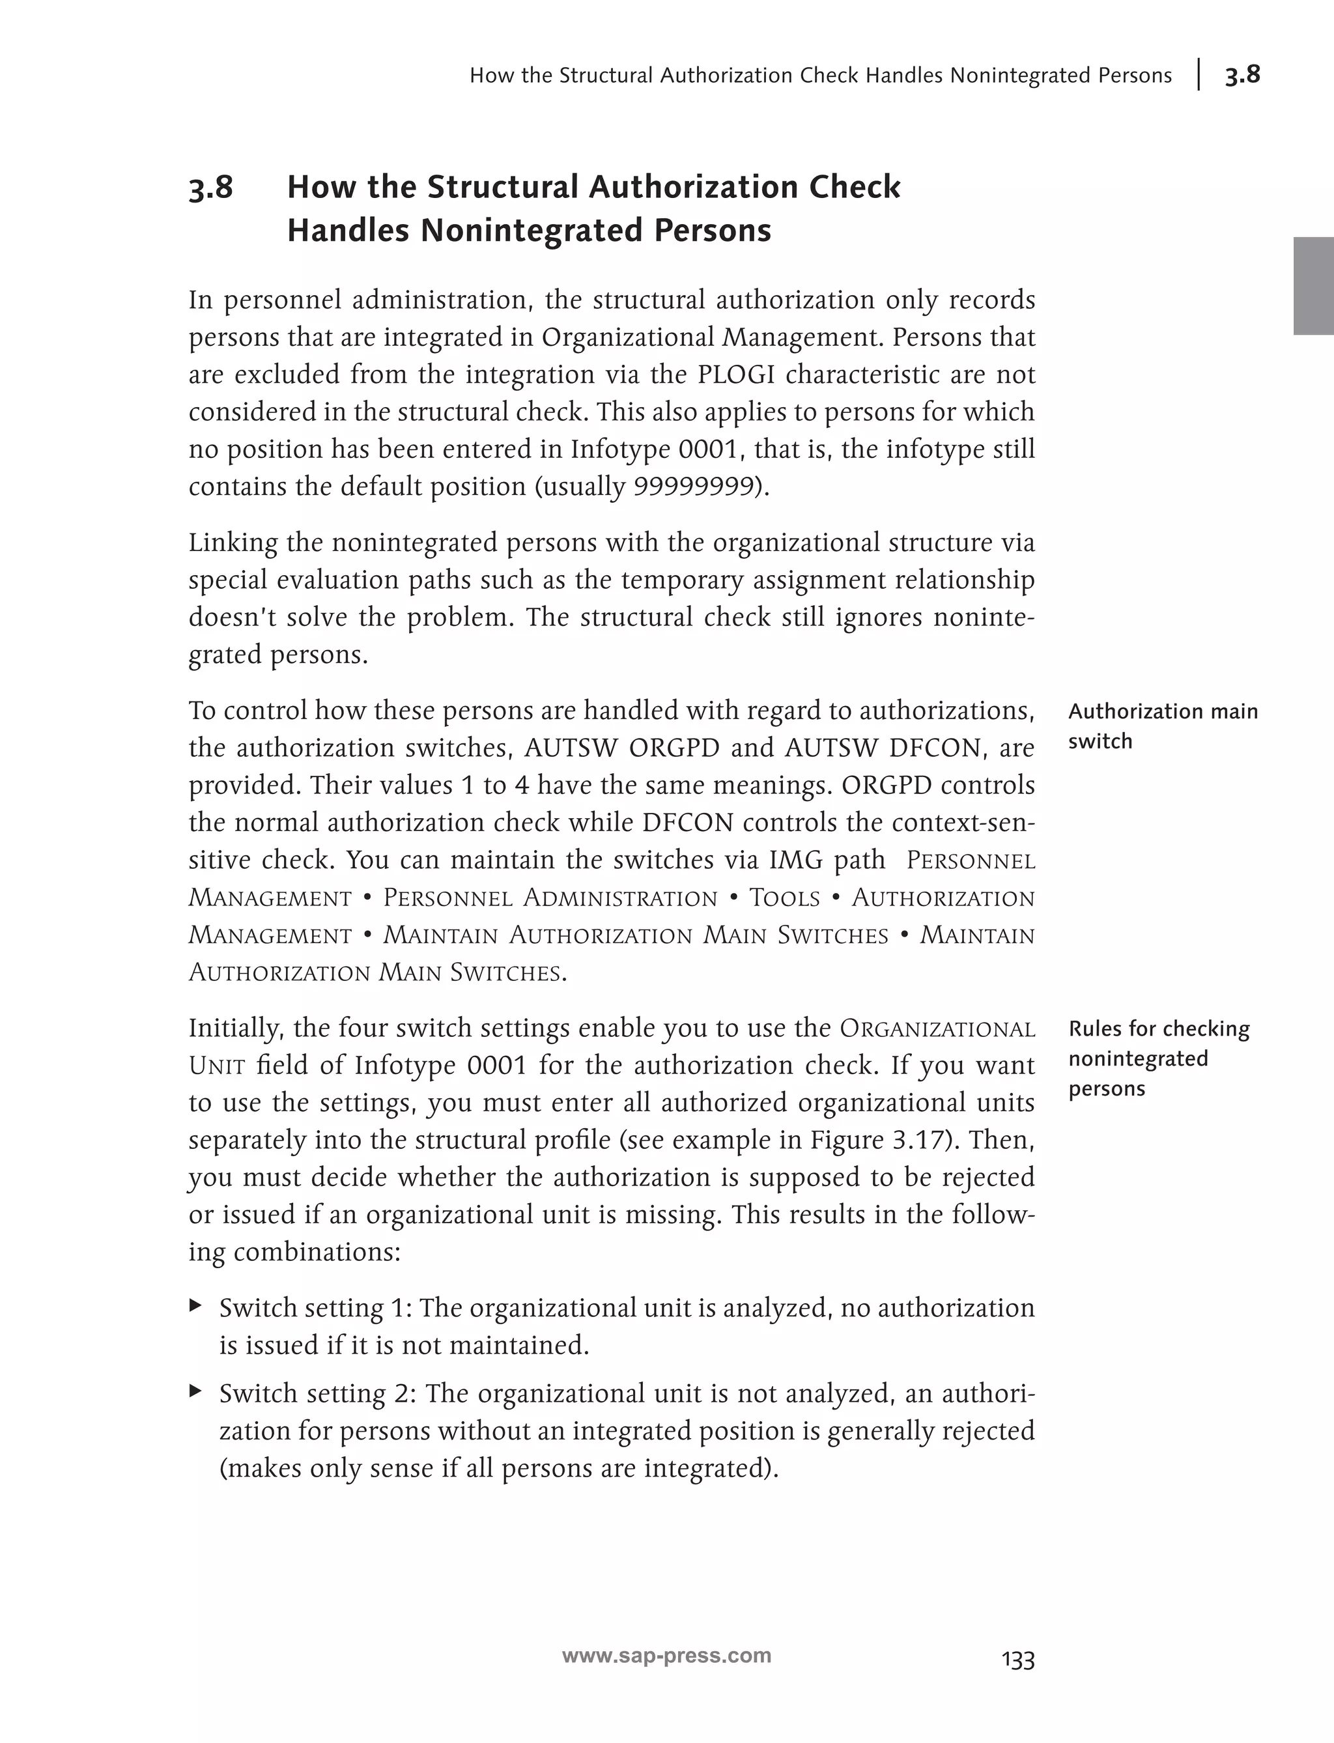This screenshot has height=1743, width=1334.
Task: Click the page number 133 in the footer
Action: (x=1018, y=1660)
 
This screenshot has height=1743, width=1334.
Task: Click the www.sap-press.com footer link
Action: (x=666, y=1656)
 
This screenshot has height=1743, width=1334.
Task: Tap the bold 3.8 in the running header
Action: (x=1242, y=75)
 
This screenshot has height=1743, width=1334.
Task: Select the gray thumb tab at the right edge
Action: (x=1313, y=286)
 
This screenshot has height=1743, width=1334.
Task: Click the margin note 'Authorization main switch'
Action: (x=1163, y=726)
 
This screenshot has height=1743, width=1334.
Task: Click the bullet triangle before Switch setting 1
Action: (x=195, y=1305)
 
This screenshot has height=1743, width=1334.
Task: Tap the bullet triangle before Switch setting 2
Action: (x=195, y=1391)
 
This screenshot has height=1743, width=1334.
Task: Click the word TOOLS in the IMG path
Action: (x=784, y=898)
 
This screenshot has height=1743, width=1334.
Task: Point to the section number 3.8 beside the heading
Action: (x=211, y=188)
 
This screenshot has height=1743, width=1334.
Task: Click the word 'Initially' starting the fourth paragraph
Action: (x=236, y=1028)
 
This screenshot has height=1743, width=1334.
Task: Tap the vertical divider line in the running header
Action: (x=1199, y=75)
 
